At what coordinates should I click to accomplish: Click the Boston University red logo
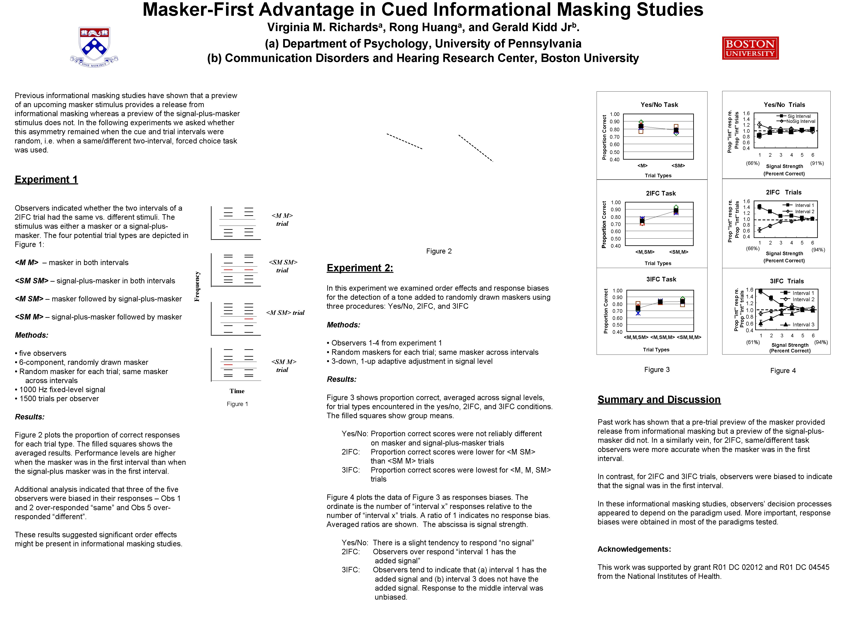tap(750, 48)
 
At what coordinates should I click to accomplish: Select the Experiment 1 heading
tap(46, 180)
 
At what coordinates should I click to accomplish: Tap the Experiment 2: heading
tap(359, 268)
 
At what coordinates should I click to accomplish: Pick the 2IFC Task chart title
tap(660, 193)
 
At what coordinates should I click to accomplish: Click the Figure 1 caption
tap(237, 404)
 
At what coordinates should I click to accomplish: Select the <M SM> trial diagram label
tap(285, 313)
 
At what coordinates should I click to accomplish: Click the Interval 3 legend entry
tap(803, 325)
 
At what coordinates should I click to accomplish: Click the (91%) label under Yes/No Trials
tap(817, 163)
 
